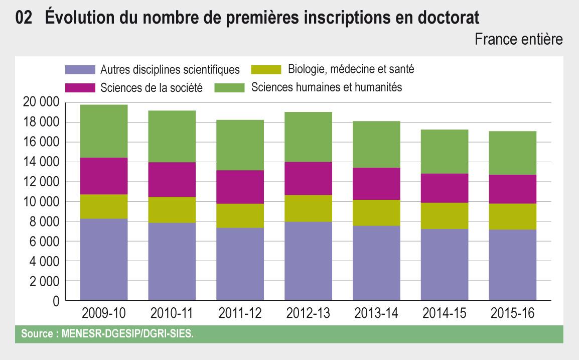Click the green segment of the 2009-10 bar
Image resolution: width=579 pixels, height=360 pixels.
104,131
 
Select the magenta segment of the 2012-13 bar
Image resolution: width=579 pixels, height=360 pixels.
308,178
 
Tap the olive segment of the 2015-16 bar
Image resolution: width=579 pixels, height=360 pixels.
512,216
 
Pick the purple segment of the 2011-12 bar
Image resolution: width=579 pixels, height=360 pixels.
240,264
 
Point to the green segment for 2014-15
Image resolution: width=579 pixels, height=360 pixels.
445,152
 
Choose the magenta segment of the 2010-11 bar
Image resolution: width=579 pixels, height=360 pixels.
172,179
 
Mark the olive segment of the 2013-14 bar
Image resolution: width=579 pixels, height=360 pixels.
376,213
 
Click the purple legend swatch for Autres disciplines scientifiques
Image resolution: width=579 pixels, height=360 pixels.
80,69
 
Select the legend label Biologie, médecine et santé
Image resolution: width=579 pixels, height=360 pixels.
351,69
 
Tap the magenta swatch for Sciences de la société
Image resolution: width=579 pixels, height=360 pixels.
80,87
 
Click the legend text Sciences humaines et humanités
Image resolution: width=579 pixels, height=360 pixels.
327,87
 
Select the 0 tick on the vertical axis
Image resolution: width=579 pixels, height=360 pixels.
55,301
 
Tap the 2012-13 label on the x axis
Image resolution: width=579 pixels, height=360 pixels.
308,314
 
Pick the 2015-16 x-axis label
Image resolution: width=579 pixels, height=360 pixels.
512,314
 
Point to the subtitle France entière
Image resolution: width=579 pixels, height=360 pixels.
519,40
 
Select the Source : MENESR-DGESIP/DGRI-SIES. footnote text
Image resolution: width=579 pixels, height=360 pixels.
106,333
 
